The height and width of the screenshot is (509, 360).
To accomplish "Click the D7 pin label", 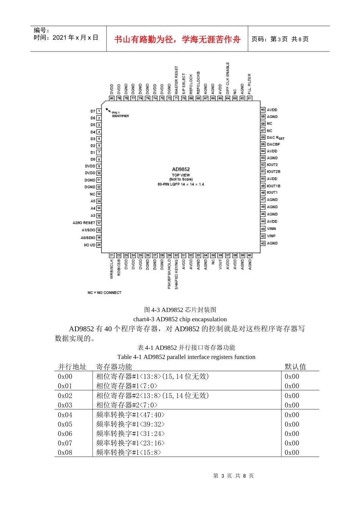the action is pos(93,111).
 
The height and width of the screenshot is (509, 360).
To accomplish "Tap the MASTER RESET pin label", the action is pos(177,81).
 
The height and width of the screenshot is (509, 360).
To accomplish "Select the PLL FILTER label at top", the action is pos(249,84).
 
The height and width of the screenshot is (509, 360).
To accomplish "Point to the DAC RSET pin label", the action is pos(275,138).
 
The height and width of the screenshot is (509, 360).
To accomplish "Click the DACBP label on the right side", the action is pos(273,144).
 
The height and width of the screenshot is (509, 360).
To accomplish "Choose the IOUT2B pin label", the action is pos(274,172).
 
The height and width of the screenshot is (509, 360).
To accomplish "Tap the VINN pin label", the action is pos(271,229).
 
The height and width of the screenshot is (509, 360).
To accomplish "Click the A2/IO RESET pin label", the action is pos(84,223).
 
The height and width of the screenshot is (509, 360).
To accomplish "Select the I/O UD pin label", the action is pos(90,245).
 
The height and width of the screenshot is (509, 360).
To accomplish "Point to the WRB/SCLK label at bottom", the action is pos(112,269).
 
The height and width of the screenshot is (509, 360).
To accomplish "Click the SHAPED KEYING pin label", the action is pos(177,274).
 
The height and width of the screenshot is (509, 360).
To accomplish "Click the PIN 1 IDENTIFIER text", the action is pos(120,114).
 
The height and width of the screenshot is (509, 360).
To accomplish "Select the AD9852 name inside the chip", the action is pos(181,169).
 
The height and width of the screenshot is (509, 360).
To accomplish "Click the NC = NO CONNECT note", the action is pos(105,293).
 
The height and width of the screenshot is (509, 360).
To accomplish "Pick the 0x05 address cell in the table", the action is pos(65,425).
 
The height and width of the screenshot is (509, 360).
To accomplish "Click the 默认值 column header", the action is pos(296,367).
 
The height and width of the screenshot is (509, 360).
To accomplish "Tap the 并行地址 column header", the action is pos(72,367).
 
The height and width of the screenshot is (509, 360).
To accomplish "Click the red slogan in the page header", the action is pos(177,39).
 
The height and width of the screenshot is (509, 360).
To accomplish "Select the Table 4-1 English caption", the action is pos(186,357).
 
